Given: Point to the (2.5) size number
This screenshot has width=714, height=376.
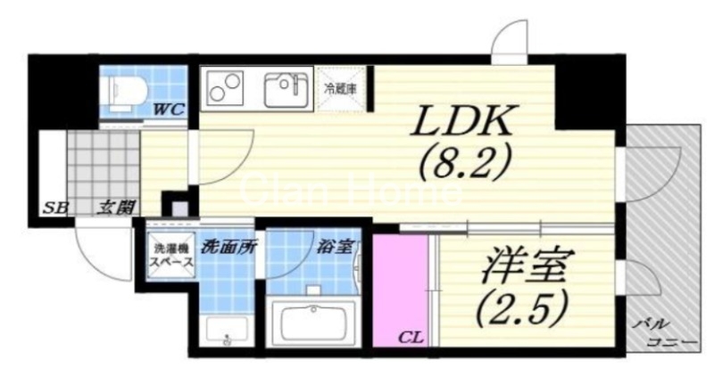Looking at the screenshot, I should pos(525,307).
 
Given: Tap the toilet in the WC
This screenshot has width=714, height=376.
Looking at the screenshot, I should pos(126,90).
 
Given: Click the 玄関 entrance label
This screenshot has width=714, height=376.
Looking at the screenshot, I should pos(116,208).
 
